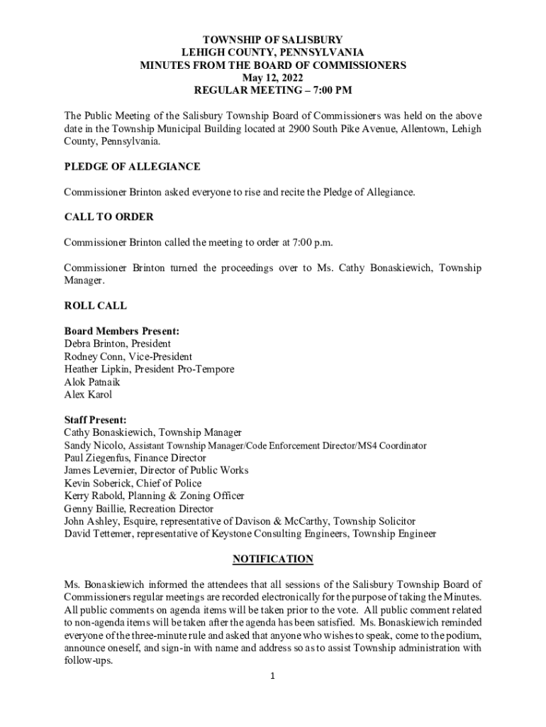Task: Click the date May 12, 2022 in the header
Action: click(x=273, y=78)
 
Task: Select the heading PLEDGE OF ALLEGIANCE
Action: click(x=132, y=167)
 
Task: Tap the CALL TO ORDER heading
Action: click(x=108, y=217)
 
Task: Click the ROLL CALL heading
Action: click(x=96, y=306)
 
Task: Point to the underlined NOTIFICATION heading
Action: click(x=273, y=559)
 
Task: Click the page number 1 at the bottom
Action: click(x=273, y=676)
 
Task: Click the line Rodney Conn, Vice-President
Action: click(x=128, y=356)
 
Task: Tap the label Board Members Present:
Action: click(x=121, y=332)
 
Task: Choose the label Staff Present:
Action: click(x=95, y=420)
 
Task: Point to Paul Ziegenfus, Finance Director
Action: click(x=135, y=458)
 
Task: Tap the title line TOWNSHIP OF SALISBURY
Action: click(x=273, y=40)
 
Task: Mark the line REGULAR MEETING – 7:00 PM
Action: click(x=273, y=91)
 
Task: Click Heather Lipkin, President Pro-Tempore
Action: click(x=149, y=369)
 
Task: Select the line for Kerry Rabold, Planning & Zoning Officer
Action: click(x=154, y=496)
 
